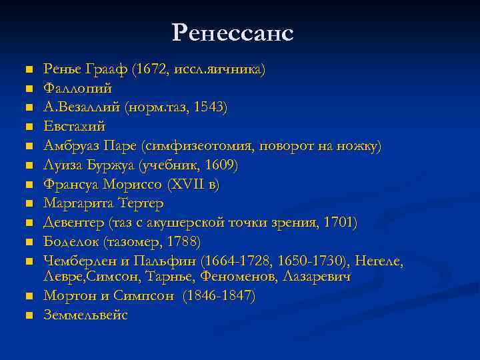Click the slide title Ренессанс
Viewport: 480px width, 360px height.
233,33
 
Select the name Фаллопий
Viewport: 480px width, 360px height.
77,88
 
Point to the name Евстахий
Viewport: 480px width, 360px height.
75,126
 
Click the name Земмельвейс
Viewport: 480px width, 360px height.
85,315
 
